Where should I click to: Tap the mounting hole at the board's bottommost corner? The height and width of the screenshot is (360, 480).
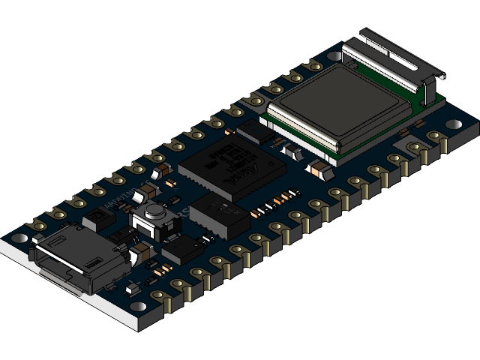(x=139, y=307)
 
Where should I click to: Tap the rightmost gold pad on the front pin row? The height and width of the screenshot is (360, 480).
(x=434, y=137)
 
